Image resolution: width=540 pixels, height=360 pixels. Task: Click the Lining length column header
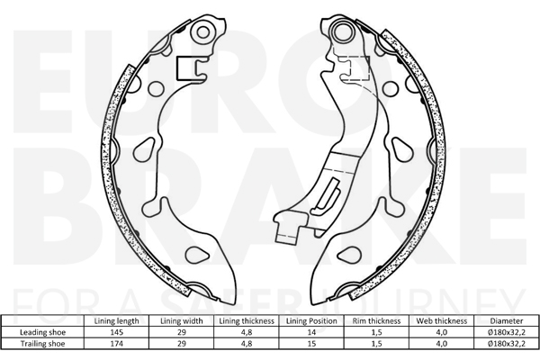coord(116,321)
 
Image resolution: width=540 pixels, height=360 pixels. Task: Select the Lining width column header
coord(182,321)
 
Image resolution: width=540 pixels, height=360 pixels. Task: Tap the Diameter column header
coord(506,321)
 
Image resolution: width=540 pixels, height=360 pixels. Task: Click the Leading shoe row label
coord(42,332)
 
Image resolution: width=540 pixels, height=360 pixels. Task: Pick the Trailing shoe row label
coord(42,344)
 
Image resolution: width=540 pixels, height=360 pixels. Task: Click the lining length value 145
coord(116,332)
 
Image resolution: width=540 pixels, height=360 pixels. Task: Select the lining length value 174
coord(116,344)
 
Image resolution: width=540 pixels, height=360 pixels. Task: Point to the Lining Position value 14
coord(311,332)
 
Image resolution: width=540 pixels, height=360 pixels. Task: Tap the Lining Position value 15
coord(311,344)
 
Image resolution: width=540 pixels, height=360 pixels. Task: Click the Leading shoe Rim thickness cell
coord(376,332)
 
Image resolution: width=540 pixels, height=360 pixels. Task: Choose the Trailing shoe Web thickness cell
coord(442,344)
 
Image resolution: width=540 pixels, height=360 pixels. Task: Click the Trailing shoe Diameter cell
coord(506,344)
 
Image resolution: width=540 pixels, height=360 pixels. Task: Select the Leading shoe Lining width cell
coord(182,332)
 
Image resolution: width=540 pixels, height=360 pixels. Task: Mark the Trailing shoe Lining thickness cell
coord(247,344)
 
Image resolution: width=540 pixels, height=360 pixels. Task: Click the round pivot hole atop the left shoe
coord(203,32)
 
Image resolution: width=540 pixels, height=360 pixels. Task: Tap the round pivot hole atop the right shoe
coord(343,31)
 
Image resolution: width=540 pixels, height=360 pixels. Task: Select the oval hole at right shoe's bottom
coord(349,255)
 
